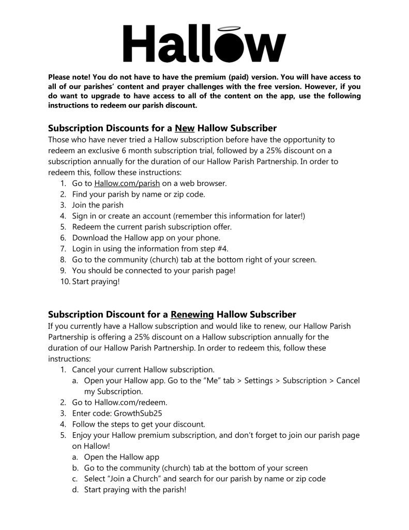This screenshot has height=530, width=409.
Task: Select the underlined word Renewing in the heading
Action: tap(192, 314)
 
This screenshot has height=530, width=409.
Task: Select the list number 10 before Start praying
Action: tap(65, 282)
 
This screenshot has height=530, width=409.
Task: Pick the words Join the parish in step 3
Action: tap(98, 205)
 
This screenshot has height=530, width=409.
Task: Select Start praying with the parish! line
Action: tap(135, 490)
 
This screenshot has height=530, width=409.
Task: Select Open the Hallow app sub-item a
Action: tap(122, 457)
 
